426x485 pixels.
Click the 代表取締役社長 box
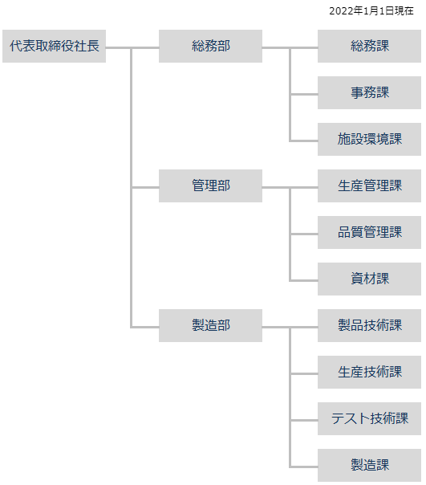54,46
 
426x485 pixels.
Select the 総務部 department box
210,46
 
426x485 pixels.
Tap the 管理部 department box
210,186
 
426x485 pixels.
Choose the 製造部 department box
210,325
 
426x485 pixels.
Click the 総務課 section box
369,46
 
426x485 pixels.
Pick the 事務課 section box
369,93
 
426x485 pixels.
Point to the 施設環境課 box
369,139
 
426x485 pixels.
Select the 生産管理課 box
369,186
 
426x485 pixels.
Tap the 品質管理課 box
369,232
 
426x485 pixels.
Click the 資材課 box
369,279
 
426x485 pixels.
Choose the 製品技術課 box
369,325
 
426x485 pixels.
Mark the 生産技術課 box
369,372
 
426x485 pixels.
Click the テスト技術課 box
369,419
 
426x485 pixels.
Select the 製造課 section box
369,465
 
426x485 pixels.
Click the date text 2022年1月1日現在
371,11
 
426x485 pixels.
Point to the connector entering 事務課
304,94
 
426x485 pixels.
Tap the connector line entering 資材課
304,280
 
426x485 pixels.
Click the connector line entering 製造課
304,467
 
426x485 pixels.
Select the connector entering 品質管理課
304,234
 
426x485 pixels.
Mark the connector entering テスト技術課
304,420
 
